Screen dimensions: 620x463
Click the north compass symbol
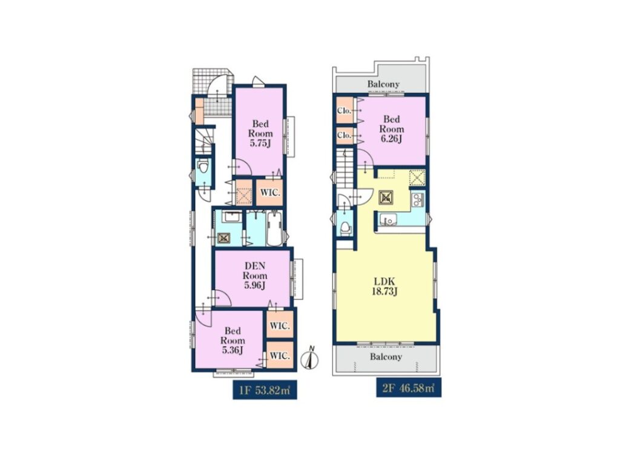tap(311, 358)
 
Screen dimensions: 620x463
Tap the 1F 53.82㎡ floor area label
tap(265, 391)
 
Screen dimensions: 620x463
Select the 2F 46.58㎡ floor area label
tap(409, 388)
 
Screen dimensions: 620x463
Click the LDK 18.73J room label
tap(385, 287)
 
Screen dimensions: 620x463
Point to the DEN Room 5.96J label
tap(255, 275)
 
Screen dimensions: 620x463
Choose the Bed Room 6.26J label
tap(392, 129)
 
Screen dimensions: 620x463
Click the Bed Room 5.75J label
tap(260, 133)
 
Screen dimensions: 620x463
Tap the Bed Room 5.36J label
tap(232, 341)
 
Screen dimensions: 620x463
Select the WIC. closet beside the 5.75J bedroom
tap(269, 193)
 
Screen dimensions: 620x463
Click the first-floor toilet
tap(203, 167)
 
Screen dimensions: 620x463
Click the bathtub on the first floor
tap(274, 228)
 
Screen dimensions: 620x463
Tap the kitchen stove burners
tap(418, 201)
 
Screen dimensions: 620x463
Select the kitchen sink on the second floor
tap(388, 219)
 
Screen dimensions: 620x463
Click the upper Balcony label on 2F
tap(383, 84)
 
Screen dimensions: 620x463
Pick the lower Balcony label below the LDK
tap(386, 356)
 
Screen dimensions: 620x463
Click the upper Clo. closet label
tap(344, 111)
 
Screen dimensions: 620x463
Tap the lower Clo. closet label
tap(344, 135)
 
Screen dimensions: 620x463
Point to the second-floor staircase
tap(345, 168)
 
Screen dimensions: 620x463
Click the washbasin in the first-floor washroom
tap(229, 217)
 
